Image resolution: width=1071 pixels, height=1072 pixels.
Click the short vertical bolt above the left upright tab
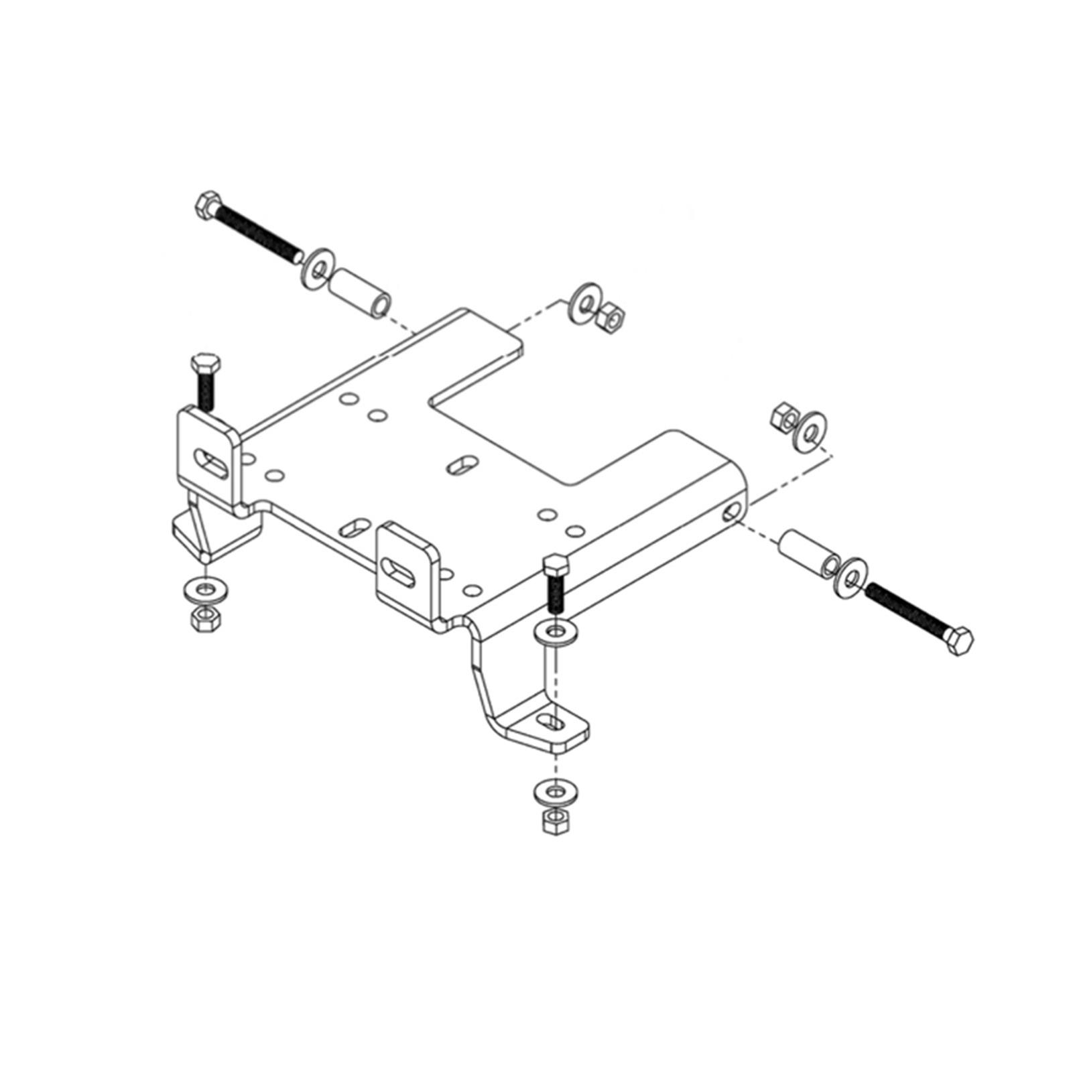pyautogui.click(x=204, y=380)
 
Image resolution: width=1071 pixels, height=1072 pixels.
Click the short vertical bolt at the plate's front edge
pyautogui.click(x=556, y=581)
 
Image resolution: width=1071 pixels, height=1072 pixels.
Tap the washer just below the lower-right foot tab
pyautogui.click(x=555, y=793)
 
